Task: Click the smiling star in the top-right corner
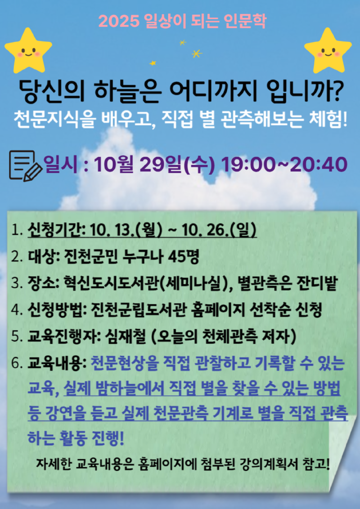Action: (x=328, y=49)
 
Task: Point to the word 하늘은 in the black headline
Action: (x=130, y=92)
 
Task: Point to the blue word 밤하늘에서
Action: (x=136, y=388)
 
